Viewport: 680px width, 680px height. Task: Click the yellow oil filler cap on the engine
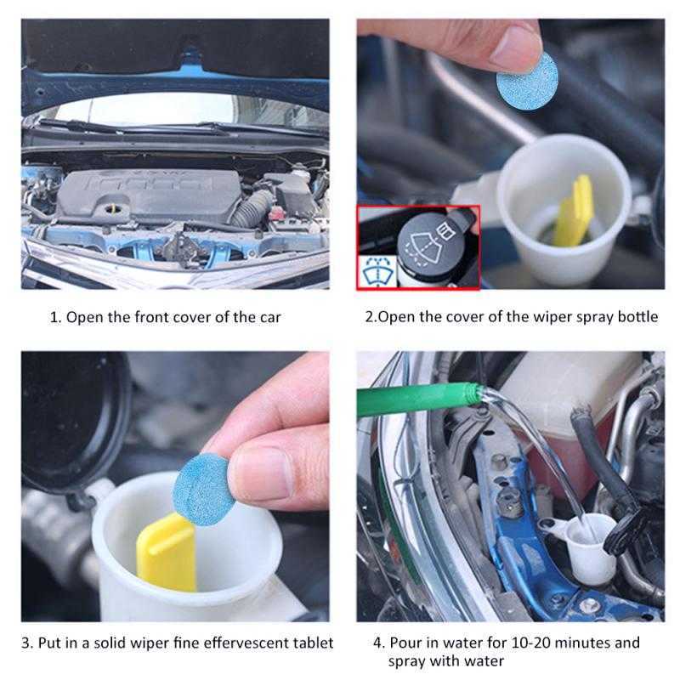pyautogui.click(x=114, y=204)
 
